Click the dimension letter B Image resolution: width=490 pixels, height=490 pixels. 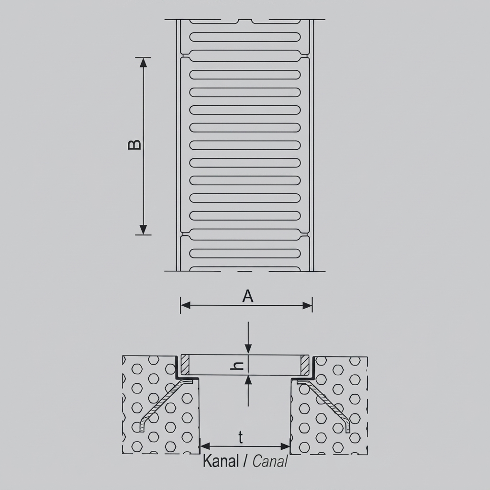(x=134, y=145)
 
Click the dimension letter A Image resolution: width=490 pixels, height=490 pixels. (x=248, y=296)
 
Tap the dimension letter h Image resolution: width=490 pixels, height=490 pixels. (x=237, y=366)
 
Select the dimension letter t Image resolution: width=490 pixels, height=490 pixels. (x=241, y=437)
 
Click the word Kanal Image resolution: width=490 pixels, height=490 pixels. (x=221, y=461)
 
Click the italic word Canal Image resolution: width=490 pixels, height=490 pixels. (x=270, y=461)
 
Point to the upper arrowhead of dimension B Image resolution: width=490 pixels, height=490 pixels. (x=143, y=63)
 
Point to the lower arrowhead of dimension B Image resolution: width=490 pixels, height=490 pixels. (x=143, y=230)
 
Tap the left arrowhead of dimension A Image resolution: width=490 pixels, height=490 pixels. (x=185, y=305)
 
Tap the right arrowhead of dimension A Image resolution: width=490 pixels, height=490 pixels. (x=308, y=305)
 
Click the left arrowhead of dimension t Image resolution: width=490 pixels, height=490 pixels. (x=205, y=446)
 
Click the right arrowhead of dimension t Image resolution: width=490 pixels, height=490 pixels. (x=285, y=446)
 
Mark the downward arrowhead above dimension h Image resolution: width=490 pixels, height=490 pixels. (x=248, y=349)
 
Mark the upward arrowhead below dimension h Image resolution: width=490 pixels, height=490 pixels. (x=248, y=380)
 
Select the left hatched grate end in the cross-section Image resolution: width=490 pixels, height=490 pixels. (x=185, y=365)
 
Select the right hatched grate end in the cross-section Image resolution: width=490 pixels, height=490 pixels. (x=305, y=365)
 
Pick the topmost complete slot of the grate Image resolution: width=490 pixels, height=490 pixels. (x=245, y=37)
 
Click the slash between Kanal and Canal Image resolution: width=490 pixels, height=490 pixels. (x=245, y=461)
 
